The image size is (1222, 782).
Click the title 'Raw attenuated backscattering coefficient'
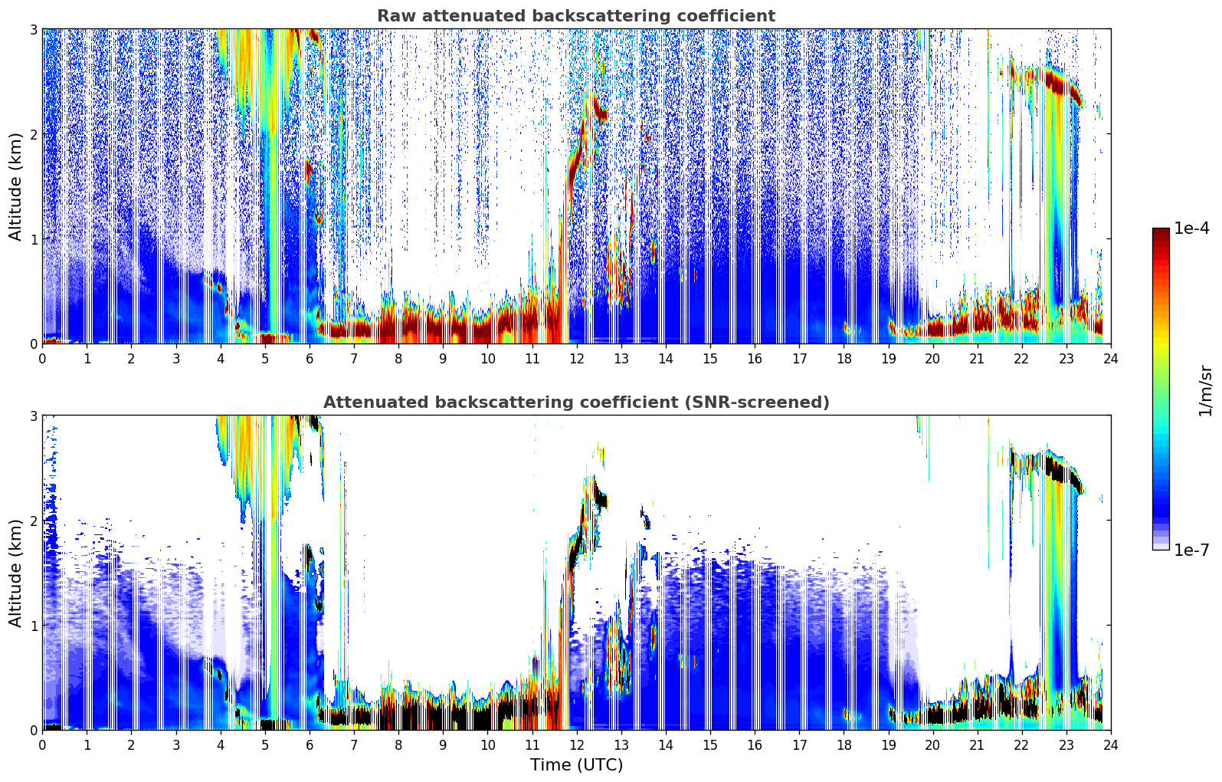click(575, 16)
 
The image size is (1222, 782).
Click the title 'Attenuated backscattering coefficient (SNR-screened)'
click(575, 402)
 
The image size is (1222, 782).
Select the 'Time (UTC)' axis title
click(576, 765)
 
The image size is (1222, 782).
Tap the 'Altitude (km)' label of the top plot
click(15, 186)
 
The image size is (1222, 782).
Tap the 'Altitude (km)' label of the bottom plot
click(15, 573)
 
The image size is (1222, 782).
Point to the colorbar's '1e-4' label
click(1191, 228)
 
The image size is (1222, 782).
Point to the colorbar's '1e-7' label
click(1191, 550)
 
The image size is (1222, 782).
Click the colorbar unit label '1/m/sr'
click(1205, 391)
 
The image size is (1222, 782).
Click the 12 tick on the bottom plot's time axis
click(576, 745)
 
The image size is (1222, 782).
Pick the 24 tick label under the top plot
click(1110, 359)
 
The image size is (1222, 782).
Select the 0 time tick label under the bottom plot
click(42, 745)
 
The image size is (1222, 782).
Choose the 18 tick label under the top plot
click(844, 359)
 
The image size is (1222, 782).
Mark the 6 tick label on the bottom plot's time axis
click(310, 745)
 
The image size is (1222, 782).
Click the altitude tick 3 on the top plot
click(33, 29)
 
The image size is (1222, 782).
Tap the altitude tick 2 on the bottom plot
click(33, 521)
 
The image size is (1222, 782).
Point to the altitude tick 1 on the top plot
click(33, 239)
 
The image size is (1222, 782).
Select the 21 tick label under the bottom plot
click(977, 745)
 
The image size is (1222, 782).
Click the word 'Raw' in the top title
click(393, 16)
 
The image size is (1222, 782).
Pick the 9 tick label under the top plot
click(443, 359)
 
